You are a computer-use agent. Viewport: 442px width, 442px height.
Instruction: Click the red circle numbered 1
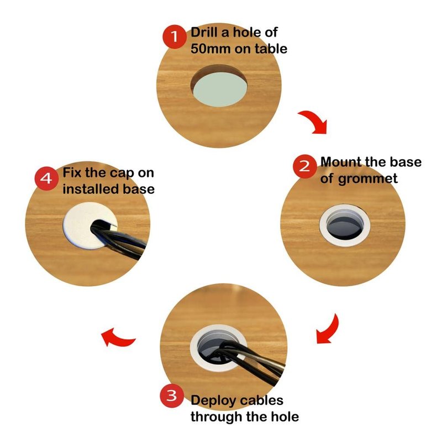click(175, 36)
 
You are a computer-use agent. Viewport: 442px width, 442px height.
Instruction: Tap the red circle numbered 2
click(304, 166)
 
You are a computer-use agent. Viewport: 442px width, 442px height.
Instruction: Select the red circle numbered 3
click(172, 395)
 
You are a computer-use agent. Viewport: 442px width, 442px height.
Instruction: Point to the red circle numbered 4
click(46, 178)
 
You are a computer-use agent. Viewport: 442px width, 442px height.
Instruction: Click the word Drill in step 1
click(204, 32)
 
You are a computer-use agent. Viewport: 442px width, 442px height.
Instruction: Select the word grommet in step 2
click(367, 179)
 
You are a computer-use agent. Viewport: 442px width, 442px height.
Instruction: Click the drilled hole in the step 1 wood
click(219, 86)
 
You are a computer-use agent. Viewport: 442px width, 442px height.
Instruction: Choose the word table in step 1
click(271, 49)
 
